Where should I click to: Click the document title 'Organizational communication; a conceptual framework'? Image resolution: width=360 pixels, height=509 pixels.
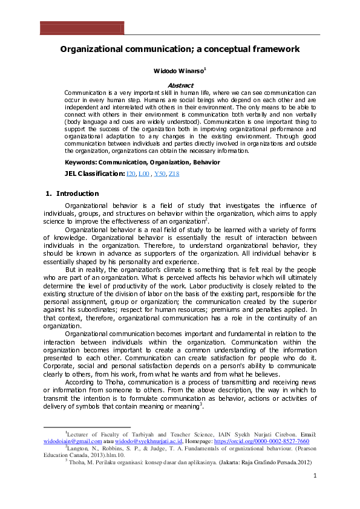pyautogui.click(x=180, y=49)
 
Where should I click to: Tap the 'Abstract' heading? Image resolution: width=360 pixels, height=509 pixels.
pyautogui.click(x=180, y=86)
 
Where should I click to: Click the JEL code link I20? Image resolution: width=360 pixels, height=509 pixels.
pyautogui.click(x=131, y=174)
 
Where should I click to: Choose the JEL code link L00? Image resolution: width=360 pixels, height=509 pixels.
pyautogui.click(x=144, y=174)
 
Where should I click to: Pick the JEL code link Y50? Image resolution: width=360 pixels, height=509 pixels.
pyautogui.click(x=160, y=174)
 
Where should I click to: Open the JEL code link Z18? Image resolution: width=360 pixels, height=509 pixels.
pyautogui.click(x=174, y=174)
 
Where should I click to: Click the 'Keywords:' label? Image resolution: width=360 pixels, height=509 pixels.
pyautogui.click(x=81, y=163)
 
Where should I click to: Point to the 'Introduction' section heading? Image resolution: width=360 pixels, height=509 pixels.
pyautogui.click(x=77, y=193)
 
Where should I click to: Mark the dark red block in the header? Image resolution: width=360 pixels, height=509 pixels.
pyautogui.click(x=82, y=28)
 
